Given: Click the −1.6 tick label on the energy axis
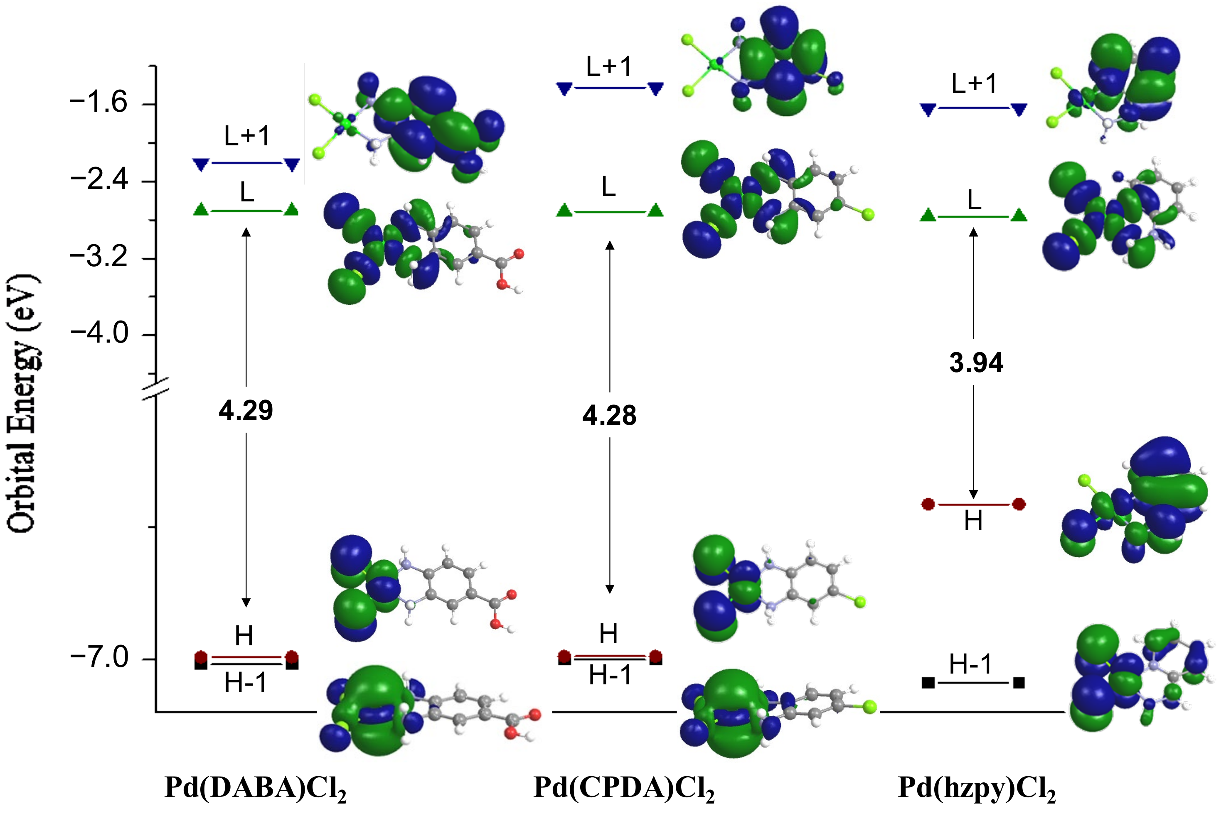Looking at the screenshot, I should click(98, 103).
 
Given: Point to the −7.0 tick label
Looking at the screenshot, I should click(98, 658).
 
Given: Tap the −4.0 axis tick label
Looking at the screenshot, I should click(98, 333).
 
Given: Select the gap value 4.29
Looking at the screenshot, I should click(246, 411).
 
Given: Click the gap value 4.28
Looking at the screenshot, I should click(609, 416).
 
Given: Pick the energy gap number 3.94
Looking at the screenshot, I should click(975, 363).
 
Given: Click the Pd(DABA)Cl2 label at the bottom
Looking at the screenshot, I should click(255, 788).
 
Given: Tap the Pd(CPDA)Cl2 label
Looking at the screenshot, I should click(624, 788).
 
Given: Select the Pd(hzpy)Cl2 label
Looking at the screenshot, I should click(977, 788).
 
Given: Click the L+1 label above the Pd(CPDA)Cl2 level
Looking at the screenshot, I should click(609, 66).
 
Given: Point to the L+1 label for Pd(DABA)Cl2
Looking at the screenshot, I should click(247, 136).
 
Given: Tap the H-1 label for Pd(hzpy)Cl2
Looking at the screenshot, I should click(970, 664).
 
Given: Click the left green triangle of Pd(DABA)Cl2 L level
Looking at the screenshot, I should click(201, 210).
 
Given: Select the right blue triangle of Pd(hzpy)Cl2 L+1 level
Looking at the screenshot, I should click(1019, 109).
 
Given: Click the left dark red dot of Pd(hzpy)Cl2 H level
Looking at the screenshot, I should click(928, 504).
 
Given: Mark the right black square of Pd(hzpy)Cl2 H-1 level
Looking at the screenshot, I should click(1019, 683).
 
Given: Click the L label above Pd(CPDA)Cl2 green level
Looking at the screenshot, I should click(609, 187).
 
